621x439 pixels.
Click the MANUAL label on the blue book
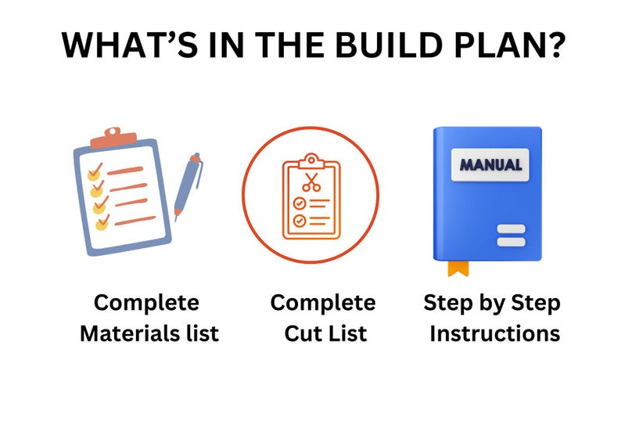[490, 165]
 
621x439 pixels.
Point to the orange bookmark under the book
[458, 268]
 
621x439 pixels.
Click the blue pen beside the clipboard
[188, 186]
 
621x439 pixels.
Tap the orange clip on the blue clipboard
[113, 140]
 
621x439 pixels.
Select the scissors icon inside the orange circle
[310, 183]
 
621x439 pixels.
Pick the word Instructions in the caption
[494, 334]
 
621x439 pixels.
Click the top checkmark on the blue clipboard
[95, 171]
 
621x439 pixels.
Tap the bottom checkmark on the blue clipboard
[102, 223]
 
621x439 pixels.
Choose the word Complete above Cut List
[323, 304]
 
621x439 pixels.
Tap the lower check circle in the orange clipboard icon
[300, 221]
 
